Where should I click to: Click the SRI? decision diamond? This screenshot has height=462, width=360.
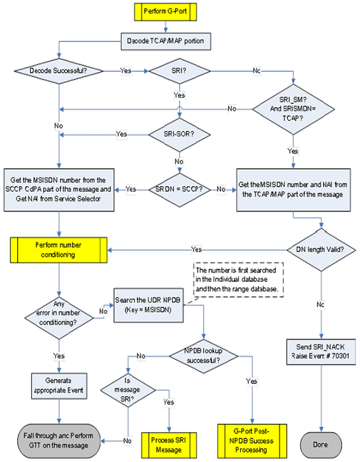[x=180, y=71]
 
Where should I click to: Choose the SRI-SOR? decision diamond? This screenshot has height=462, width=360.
[x=179, y=134]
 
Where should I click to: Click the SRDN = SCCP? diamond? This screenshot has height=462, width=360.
[x=179, y=189]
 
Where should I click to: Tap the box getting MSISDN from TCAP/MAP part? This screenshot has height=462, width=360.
[x=292, y=189]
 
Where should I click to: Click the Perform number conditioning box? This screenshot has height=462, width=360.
[x=59, y=249]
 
